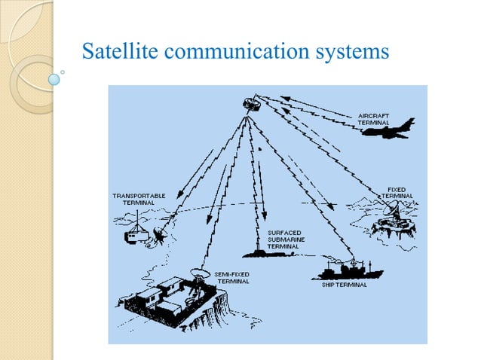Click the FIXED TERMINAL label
(x=397, y=192)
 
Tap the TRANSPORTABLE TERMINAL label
(x=139, y=199)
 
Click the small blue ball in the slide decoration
(x=54, y=78)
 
